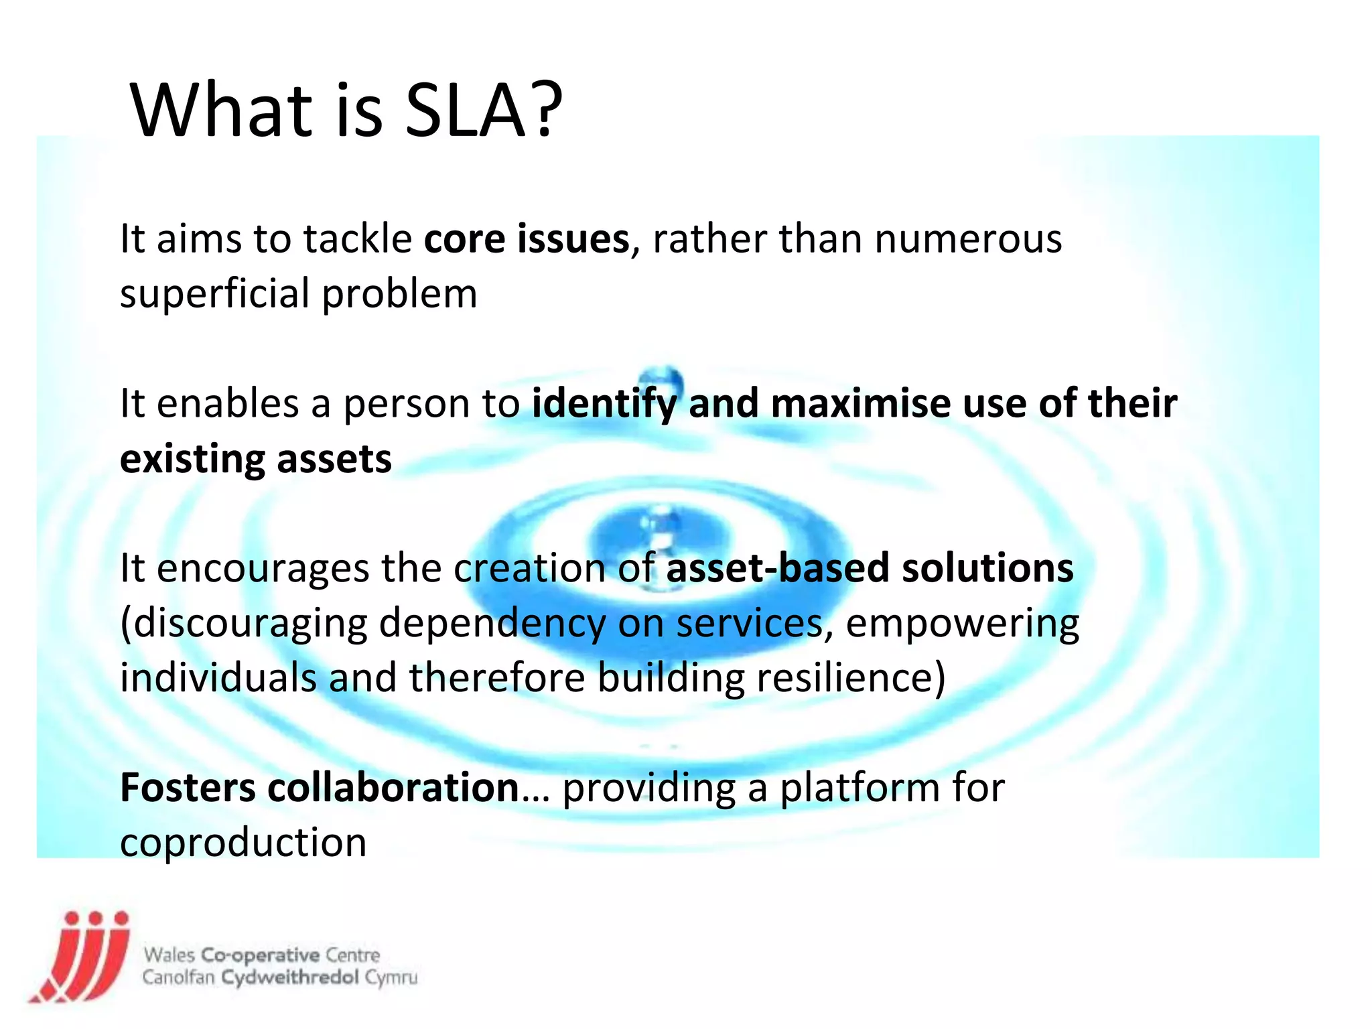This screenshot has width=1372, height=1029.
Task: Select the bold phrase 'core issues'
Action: [527, 239]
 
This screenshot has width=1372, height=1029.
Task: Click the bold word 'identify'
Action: [604, 404]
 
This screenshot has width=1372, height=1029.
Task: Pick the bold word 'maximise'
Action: [860, 404]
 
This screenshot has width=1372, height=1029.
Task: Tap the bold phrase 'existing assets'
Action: [256, 460]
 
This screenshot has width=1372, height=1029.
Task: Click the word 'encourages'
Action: [263, 569]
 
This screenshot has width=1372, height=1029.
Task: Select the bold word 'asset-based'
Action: [777, 569]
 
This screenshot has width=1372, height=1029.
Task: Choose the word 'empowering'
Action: [962, 624]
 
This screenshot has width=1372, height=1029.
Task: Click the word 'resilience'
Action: [851, 678]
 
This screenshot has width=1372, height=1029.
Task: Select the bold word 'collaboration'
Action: [393, 788]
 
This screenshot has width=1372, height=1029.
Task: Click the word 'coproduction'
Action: [243, 843]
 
